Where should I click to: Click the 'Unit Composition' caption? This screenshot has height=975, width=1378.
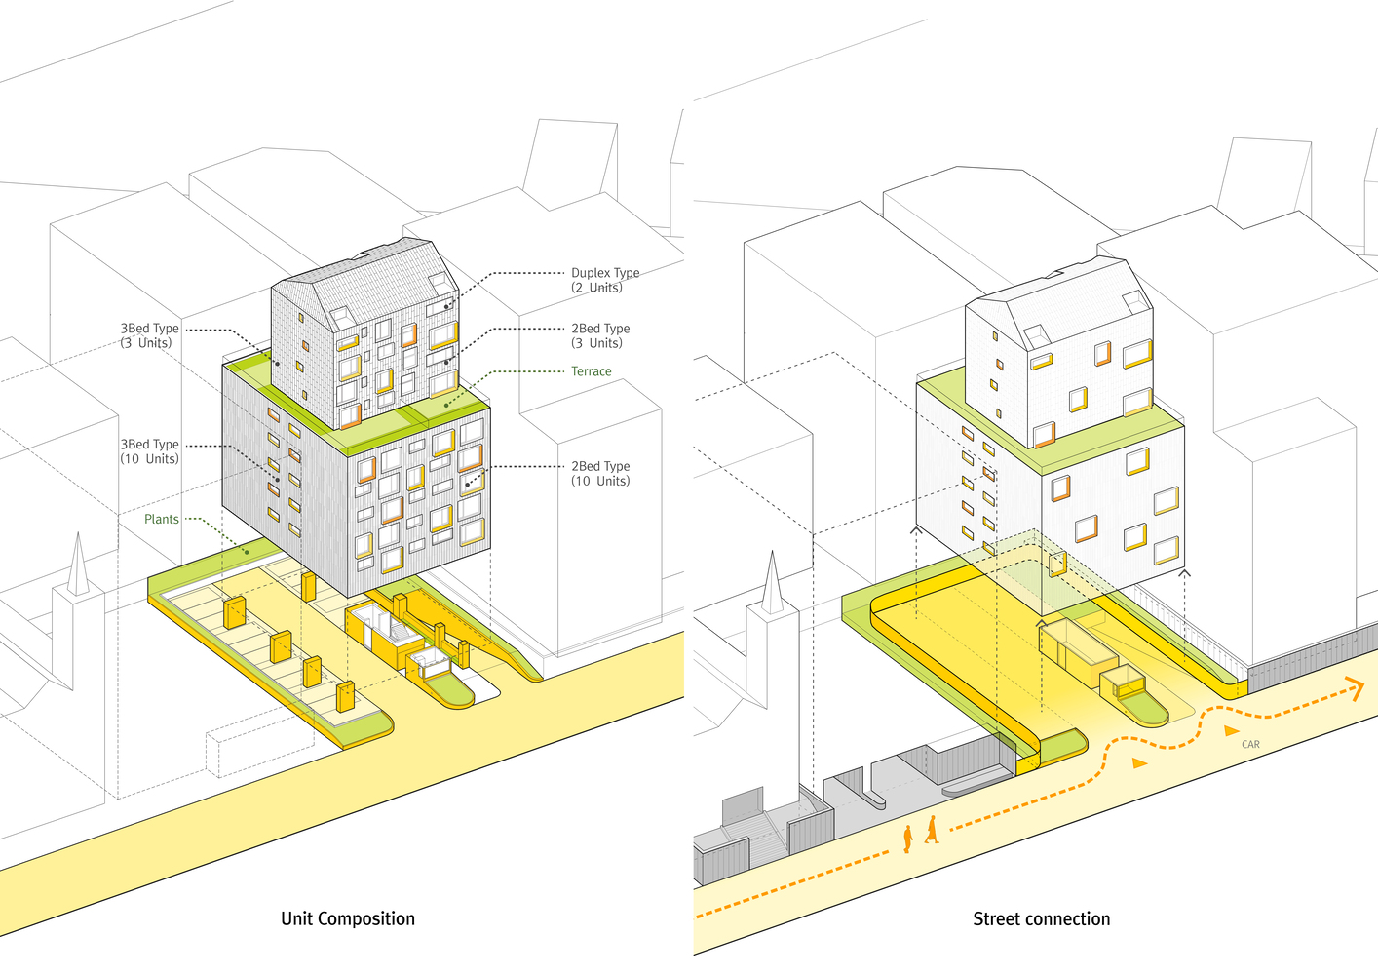(x=348, y=918)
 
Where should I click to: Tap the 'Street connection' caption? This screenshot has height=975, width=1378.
(x=1041, y=918)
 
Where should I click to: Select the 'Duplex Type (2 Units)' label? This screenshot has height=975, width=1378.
(x=605, y=280)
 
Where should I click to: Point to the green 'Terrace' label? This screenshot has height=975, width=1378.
(x=591, y=371)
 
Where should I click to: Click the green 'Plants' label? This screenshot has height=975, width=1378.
(x=162, y=519)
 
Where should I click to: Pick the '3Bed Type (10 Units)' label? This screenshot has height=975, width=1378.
(x=150, y=451)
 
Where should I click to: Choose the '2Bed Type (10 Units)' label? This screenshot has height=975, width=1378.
(x=600, y=473)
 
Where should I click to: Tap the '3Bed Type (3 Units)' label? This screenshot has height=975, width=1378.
(x=150, y=335)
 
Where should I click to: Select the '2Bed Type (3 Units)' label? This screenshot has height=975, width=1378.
(x=600, y=335)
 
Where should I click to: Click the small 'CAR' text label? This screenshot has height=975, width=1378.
(x=1250, y=744)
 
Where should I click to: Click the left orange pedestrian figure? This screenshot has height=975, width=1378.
(x=908, y=838)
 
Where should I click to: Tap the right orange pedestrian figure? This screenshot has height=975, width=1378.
(x=932, y=830)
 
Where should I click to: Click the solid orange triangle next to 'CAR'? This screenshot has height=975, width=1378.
(x=1231, y=730)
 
